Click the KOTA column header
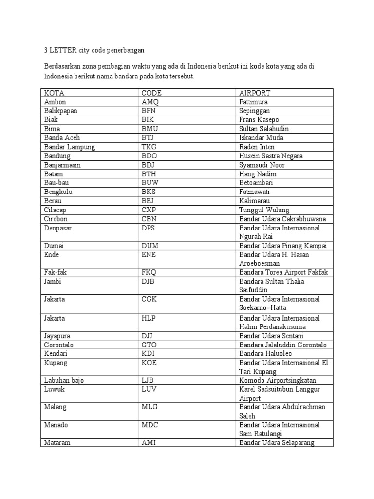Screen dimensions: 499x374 click(54, 93)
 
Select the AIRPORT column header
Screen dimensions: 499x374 click(255, 93)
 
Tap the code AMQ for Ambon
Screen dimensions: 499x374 click(150, 102)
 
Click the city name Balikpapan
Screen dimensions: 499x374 click(60, 111)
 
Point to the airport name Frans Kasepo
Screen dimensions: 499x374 click(259, 120)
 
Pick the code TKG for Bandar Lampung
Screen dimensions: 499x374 click(149, 147)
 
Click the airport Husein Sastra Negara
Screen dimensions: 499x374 click(271, 156)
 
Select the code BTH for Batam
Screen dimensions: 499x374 click(149, 174)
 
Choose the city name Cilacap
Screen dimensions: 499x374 click(56, 210)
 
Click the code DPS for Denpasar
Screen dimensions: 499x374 click(149, 228)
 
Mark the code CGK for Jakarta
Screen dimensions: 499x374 click(149, 299)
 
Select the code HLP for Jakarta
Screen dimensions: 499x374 click(149, 318)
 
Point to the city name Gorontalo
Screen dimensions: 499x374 click(58, 345)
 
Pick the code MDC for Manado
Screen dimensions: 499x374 click(150, 425)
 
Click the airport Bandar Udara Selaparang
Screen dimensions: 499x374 click(277, 443)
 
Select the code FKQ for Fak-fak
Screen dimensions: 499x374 click(149, 272)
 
